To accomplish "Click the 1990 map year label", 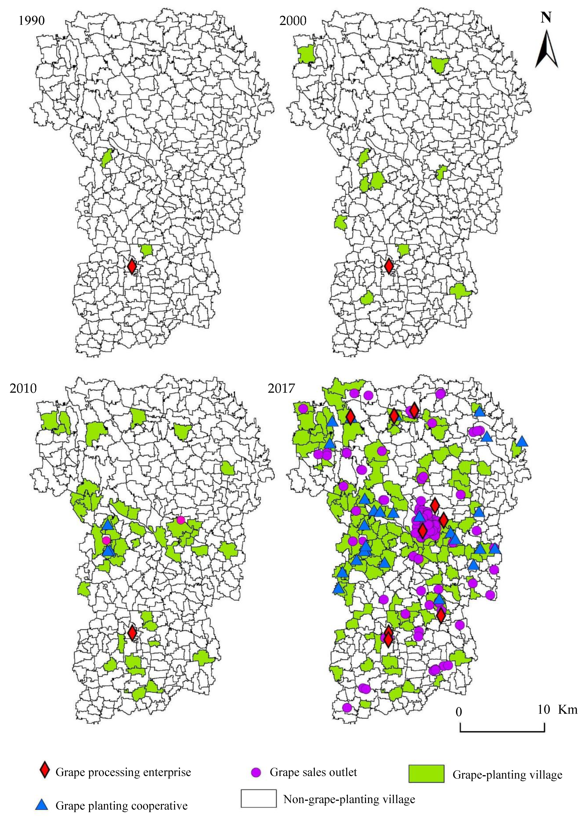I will click(x=32, y=21).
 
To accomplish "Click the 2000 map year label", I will click(x=293, y=21).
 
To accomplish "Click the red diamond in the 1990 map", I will click(x=132, y=266).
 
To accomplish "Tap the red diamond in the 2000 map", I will click(x=389, y=266).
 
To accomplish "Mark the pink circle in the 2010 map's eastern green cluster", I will click(x=181, y=520).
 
